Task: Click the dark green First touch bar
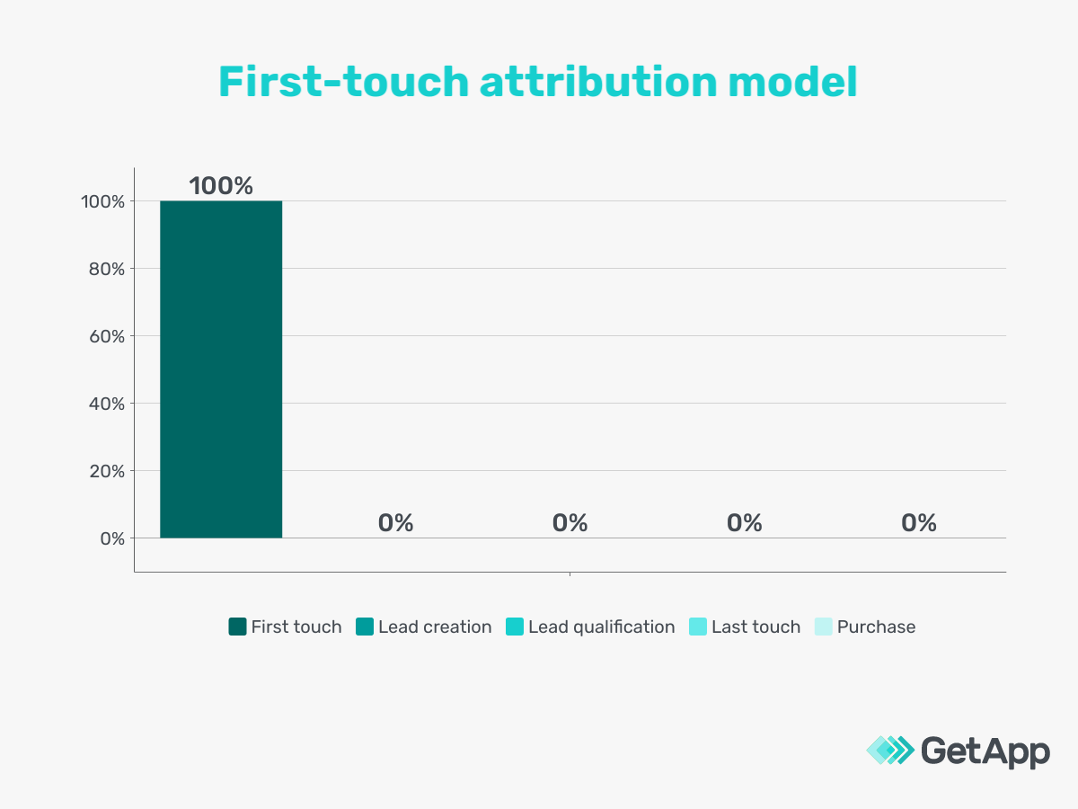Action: click(221, 369)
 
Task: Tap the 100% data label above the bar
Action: click(221, 186)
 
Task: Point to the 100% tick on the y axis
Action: click(100, 201)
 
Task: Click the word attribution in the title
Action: click(597, 83)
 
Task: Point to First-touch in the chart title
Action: click(344, 83)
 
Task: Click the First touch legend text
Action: click(296, 627)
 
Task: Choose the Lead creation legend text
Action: click(435, 627)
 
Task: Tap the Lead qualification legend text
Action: click(601, 627)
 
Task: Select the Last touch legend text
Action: click(755, 627)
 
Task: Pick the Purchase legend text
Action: click(876, 627)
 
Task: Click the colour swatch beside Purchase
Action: click(823, 627)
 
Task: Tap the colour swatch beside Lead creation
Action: click(365, 627)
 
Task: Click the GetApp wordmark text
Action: click(985, 751)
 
